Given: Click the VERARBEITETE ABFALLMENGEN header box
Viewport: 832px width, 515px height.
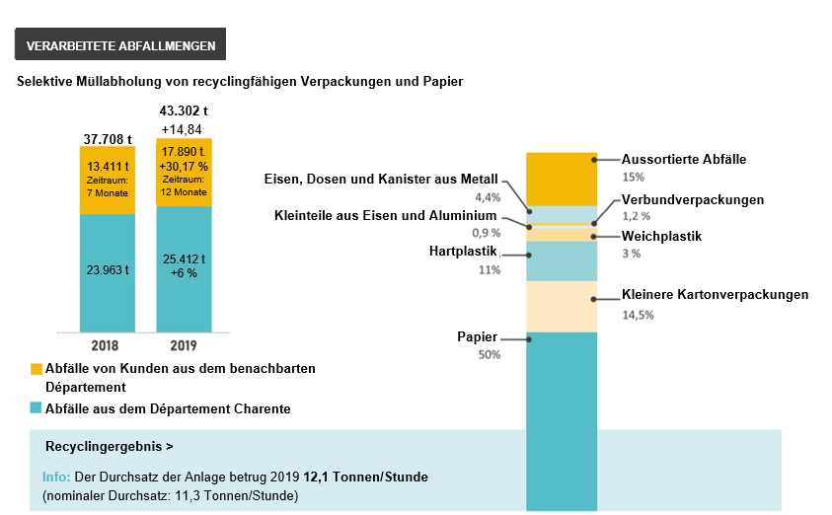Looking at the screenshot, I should tap(120, 46).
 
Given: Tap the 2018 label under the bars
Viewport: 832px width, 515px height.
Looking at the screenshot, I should tap(106, 345).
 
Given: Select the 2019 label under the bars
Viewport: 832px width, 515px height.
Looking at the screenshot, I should tap(183, 345).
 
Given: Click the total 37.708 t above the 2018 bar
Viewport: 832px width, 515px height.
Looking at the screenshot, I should tap(107, 137).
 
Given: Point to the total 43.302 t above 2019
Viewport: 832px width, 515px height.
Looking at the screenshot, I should tap(184, 111).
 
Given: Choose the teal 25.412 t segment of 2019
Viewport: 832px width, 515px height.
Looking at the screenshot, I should tap(184, 266).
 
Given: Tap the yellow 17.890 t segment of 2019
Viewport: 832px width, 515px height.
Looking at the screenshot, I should tap(184, 173).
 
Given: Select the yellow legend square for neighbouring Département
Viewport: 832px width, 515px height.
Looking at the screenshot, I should tap(37, 369).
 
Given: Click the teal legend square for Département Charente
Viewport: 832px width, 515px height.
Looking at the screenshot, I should tap(37, 408).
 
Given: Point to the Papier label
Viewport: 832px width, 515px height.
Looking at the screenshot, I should tap(479, 337).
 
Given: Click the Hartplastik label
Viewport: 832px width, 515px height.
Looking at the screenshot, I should tap(464, 252).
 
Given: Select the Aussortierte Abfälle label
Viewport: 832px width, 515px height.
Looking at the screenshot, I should tap(684, 159).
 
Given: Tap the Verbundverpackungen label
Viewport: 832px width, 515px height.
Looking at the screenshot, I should tap(693, 199).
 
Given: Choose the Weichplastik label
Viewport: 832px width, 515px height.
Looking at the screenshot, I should tap(661, 236).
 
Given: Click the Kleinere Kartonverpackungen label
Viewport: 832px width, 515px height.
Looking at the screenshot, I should tap(715, 295).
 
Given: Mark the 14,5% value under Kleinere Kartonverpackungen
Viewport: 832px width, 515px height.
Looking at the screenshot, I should tap(638, 315).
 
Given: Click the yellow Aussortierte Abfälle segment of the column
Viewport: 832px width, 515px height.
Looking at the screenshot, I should tap(562, 179).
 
